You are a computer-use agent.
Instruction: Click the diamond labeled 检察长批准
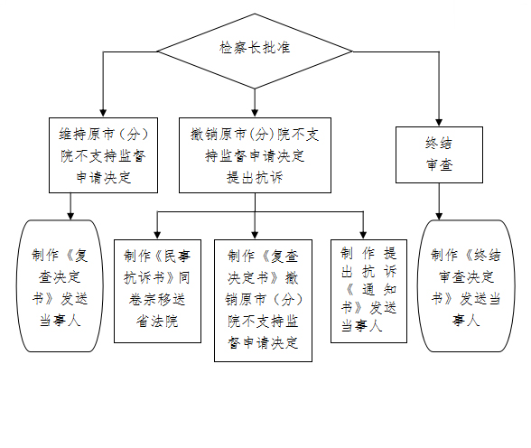coord(255,51)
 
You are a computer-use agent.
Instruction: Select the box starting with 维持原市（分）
coord(103,155)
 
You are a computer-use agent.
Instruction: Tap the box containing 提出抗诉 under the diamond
coord(255,155)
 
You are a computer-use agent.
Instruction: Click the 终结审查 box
coord(439,154)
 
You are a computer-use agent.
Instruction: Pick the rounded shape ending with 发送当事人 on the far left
coord(60,286)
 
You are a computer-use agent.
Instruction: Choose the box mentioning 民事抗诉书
coord(157,291)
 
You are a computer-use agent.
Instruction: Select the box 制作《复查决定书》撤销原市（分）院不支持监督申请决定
coord(263,301)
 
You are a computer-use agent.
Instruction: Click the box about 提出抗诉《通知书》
coord(368,291)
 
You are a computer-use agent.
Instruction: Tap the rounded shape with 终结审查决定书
coord(466,286)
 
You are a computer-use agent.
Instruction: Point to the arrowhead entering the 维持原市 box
coord(103,114)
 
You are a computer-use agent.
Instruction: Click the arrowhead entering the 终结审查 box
coord(439,123)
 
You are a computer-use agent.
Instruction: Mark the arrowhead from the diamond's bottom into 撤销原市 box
coord(255,114)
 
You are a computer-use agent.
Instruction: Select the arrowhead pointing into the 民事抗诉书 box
coord(157,236)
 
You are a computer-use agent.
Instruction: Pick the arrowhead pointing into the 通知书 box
coord(363,236)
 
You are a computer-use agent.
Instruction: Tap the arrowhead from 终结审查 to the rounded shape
coord(439,216)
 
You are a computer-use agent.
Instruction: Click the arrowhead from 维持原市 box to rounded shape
coord(70,216)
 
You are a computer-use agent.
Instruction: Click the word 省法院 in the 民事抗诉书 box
coord(157,321)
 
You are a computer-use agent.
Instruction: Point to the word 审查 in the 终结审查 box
coord(439,165)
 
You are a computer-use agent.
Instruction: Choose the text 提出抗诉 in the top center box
coord(255,177)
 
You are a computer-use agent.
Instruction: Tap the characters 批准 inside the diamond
coord(277,47)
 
